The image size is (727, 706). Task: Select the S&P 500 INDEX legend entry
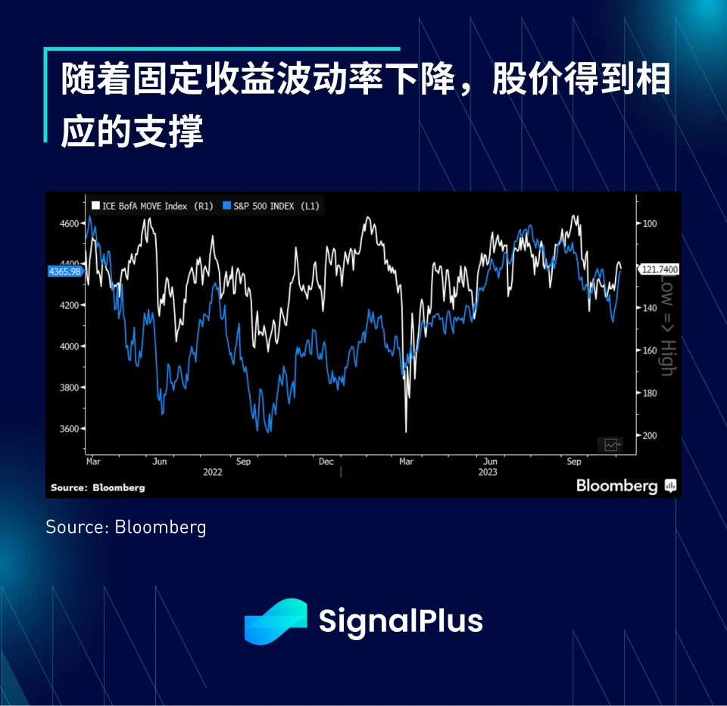pyautogui.click(x=270, y=206)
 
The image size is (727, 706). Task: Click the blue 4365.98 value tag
pyautogui.click(x=64, y=271)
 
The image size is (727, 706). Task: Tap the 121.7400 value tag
pyautogui.click(x=659, y=269)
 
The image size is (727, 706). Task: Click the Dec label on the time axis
pyautogui.click(x=326, y=461)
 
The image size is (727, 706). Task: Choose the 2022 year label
pyautogui.click(x=212, y=472)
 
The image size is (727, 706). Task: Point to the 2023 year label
pyautogui.click(x=487, y=472)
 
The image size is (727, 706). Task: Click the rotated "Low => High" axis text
pyautogui.click(x=666, y=325)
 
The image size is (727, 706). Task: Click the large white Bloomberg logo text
pyautogui.click(x=616, y=486)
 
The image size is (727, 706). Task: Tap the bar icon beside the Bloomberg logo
pyautogui.click(x=670, y=486)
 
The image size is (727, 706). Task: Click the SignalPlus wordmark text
pyautogui.click(x=401, y=621)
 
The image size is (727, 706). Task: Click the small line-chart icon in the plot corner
pyautogui.click(x=610, y=444)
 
